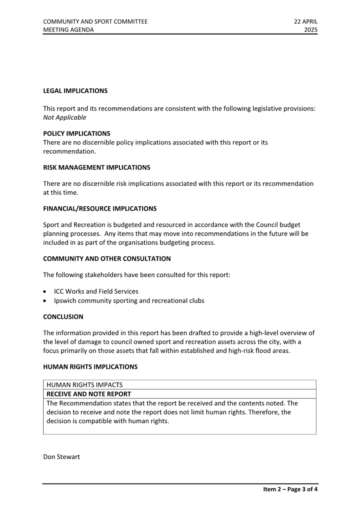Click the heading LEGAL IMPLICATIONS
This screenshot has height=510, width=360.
(75, 91)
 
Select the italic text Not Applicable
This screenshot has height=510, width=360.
(64, 117)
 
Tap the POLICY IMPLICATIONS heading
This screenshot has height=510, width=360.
(76, 134)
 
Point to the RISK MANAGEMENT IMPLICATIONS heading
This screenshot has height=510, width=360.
(97, 167)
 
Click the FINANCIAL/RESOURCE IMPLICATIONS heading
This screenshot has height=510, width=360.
(100, 209)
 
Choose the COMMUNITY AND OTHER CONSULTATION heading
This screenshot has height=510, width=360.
(107, 259)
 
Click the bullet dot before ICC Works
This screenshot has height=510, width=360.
(46, 292)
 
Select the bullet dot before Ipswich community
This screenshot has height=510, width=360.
(46, 301)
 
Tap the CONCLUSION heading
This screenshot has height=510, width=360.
(63, 317)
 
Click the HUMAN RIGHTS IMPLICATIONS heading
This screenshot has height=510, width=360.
(90, 367)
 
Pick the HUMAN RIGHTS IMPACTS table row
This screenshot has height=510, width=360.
(179, 385)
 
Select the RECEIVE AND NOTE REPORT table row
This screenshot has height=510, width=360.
(179, 394)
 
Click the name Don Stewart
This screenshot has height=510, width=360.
(61, 457)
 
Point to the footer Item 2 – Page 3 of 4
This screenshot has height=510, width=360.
(290, 489)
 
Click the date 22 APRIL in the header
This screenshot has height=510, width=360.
(305, 22)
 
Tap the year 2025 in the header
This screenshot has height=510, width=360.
(310, 30)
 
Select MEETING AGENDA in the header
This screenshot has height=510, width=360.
(68, 30)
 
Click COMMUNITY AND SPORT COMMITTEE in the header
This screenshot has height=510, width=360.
(95, 22)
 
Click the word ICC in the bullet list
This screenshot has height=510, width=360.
(59, 292)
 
